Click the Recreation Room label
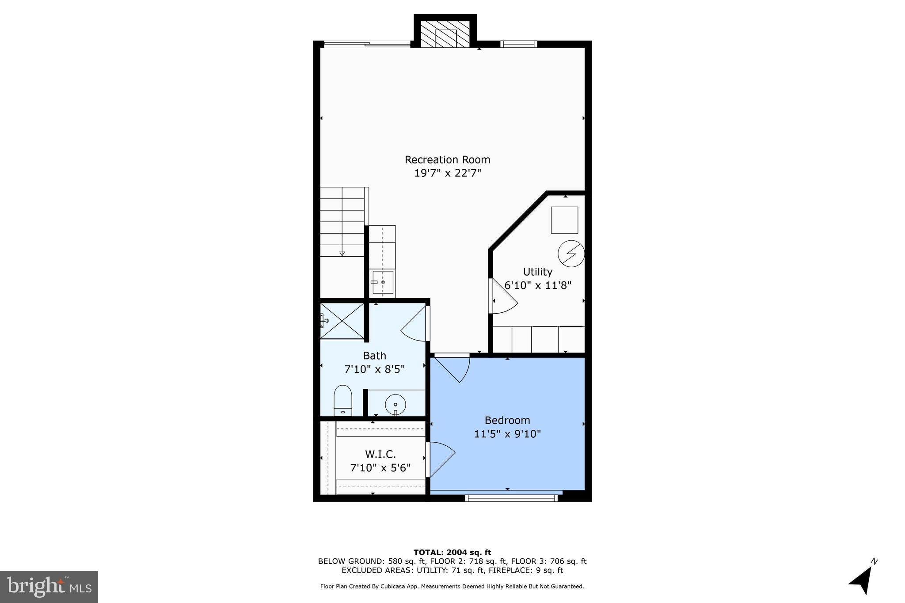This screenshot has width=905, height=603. click(447, 159)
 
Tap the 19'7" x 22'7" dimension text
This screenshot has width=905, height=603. click(447, 173)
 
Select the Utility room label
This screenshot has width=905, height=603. click(537, 272)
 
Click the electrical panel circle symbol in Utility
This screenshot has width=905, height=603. click(571, 254)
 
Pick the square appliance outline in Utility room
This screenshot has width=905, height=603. click(564, 220)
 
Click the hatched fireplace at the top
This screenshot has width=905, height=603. click(445, 34)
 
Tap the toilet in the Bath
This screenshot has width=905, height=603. click(342, 400)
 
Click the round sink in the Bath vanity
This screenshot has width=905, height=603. click(395, 404)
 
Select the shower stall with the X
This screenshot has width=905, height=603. click(342, 321)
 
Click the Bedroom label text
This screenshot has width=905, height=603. click(507, 420)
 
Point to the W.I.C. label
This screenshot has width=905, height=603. click(380, 454)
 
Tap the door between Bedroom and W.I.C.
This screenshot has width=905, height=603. click(441, 459)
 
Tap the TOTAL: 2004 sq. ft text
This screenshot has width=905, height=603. click(452, 552)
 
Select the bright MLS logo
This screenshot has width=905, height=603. click(49, 587)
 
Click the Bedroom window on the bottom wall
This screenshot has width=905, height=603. click(511, 498)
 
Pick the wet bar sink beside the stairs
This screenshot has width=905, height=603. click(382, 282)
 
